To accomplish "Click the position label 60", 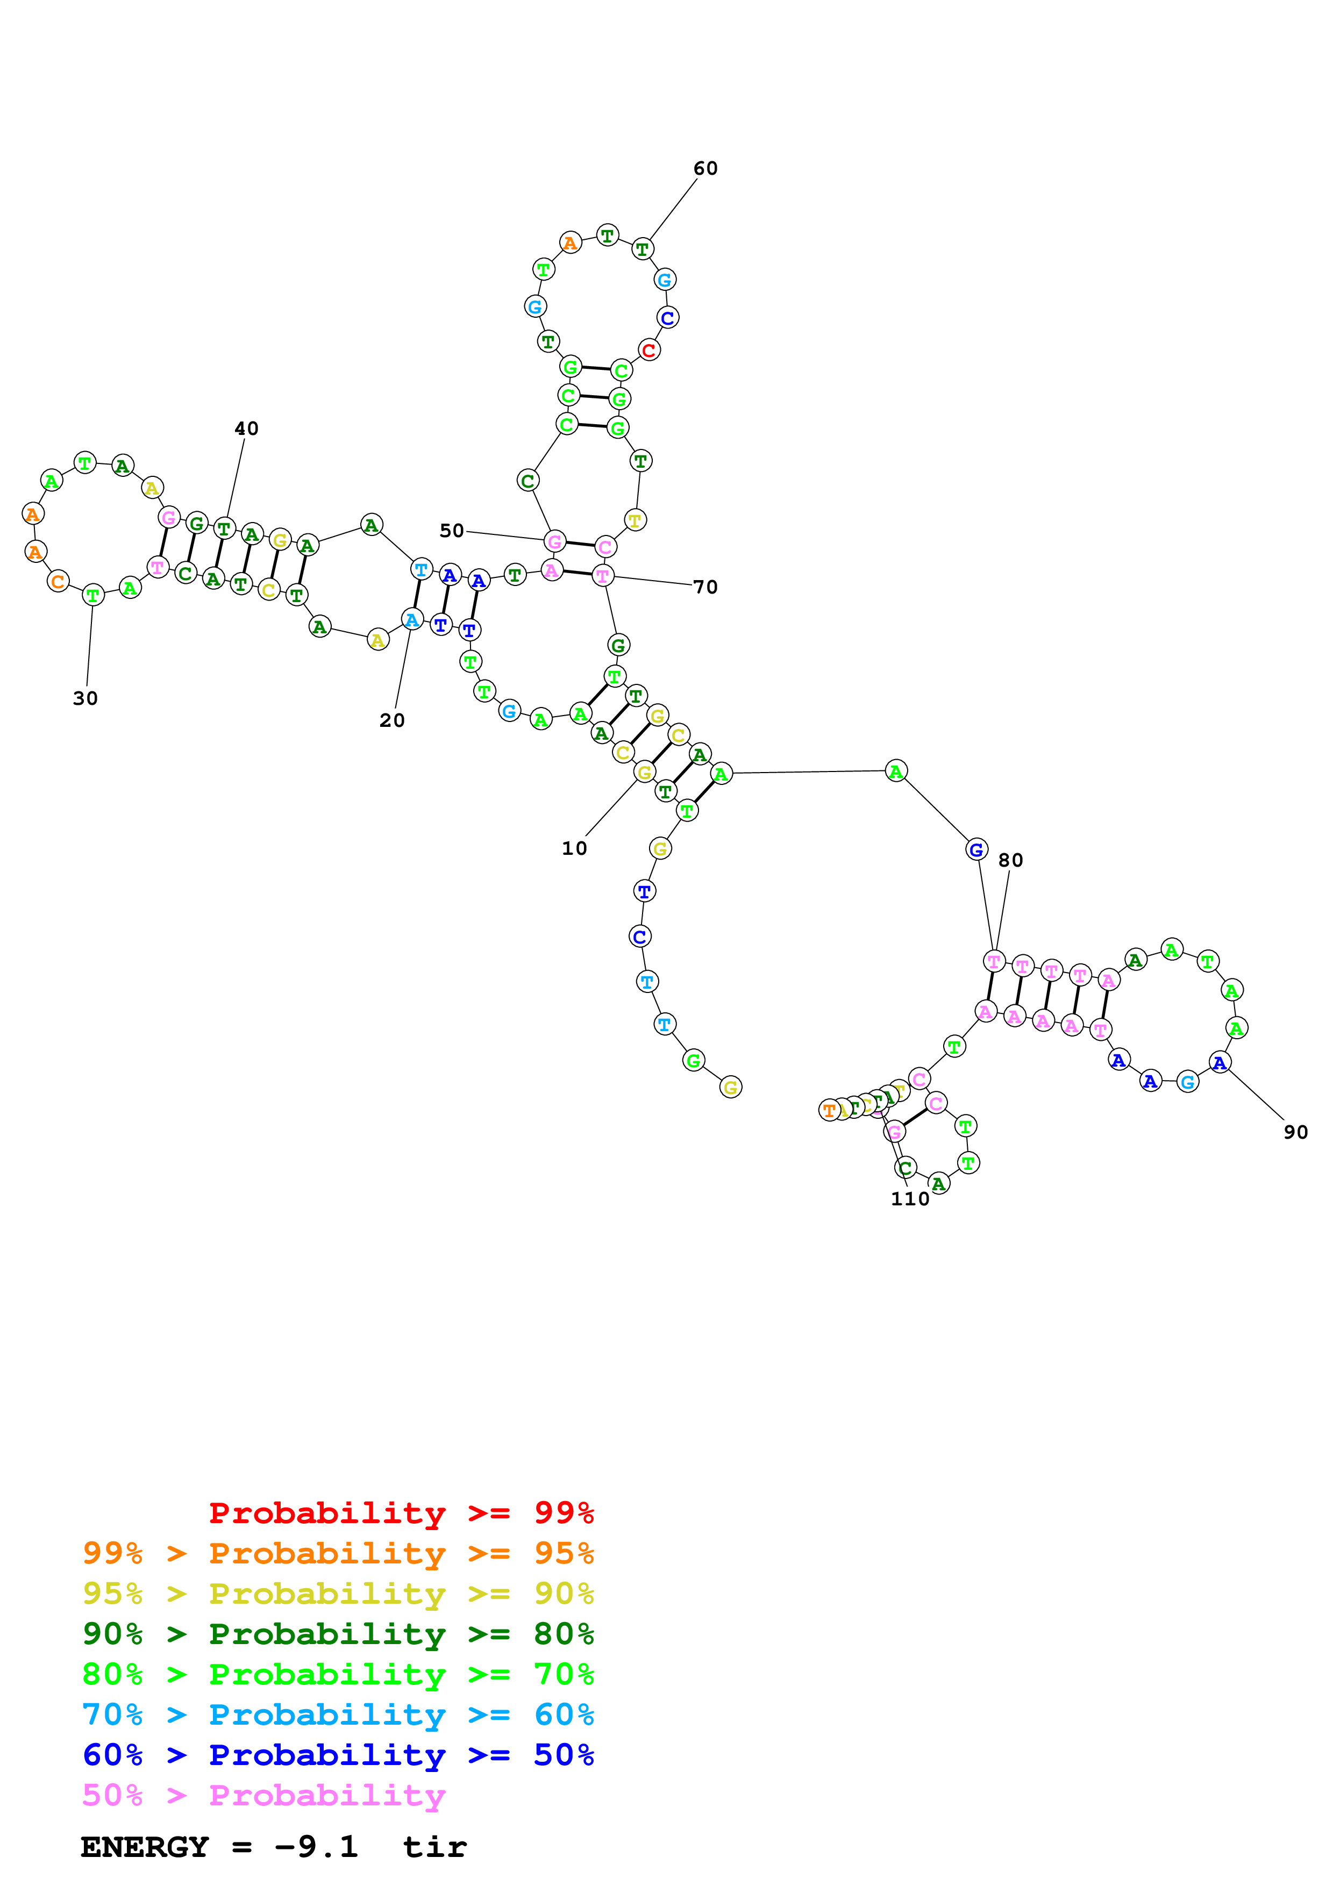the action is (705, 168).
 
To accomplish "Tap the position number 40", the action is (246, 429).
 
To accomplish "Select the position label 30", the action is (85, 698).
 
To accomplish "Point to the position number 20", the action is (392, 720).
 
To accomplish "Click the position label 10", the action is (574, 848).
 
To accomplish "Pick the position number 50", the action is (452, 531).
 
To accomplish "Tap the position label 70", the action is (705, 587).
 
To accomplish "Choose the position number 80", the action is (1010, 860).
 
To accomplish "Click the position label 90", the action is (1295, 1132).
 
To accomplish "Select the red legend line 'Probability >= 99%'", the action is (401, 1512).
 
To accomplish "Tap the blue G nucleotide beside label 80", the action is (976, 849).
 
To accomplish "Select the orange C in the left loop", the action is (58, 582).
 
